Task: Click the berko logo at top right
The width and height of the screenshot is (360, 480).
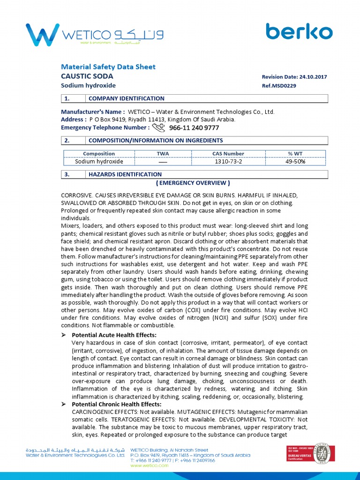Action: coord(299,31)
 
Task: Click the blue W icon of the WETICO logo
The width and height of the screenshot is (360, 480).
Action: coord(42,34)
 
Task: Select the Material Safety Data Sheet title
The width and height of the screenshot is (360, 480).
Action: coord(108,67)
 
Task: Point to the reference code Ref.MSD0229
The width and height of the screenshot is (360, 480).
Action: coord(279,86)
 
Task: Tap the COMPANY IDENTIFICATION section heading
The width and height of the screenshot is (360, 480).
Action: coord(127,98)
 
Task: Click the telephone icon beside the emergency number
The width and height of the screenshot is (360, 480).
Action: coord(159,127)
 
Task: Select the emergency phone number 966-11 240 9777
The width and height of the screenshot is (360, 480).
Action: coord(194,127)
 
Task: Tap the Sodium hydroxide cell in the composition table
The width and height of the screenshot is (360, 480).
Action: coord(99,162)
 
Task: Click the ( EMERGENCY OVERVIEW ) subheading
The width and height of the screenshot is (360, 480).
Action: coord(193,183)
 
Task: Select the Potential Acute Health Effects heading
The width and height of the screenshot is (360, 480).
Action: coord(114,335)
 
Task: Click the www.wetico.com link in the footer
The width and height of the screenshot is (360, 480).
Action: coord(149,465)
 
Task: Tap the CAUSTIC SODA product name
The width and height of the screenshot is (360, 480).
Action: coord(87,76)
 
